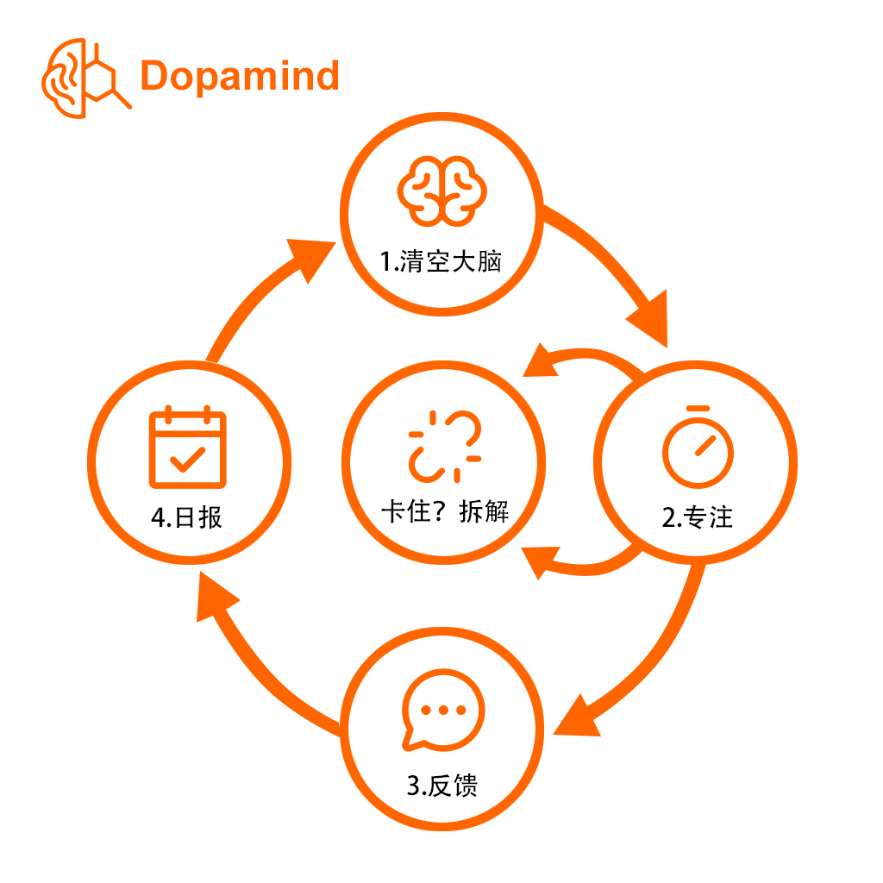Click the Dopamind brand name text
(x=240, y=76)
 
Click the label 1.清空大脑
(x=441, y=261)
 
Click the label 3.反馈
(x=441, y=785)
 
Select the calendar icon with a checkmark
(x=187, y=448)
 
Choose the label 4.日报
(x=187, y=517)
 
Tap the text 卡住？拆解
(x=444, y=511)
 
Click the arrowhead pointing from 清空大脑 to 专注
(x=649, y=319)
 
